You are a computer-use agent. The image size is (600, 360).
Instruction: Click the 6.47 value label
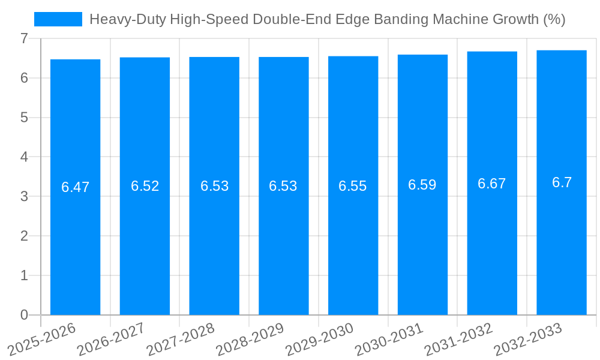[75, 187]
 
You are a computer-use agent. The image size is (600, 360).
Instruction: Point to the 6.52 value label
[145, 186]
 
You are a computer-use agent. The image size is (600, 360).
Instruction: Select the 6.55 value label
[353, 186]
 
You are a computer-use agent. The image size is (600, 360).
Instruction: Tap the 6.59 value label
[422, 185]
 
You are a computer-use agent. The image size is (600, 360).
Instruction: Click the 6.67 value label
[492, 184]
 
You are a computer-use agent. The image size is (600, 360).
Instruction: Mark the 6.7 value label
[562, 182]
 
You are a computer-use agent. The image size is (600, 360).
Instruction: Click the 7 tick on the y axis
[24, 38]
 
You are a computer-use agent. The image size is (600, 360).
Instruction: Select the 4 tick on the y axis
[24, 157]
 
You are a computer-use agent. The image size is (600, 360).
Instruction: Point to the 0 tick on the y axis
[24, 315]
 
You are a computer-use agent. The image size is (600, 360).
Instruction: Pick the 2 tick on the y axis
[24, 236]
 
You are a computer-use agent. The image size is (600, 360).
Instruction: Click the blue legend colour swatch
[58, 19]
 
